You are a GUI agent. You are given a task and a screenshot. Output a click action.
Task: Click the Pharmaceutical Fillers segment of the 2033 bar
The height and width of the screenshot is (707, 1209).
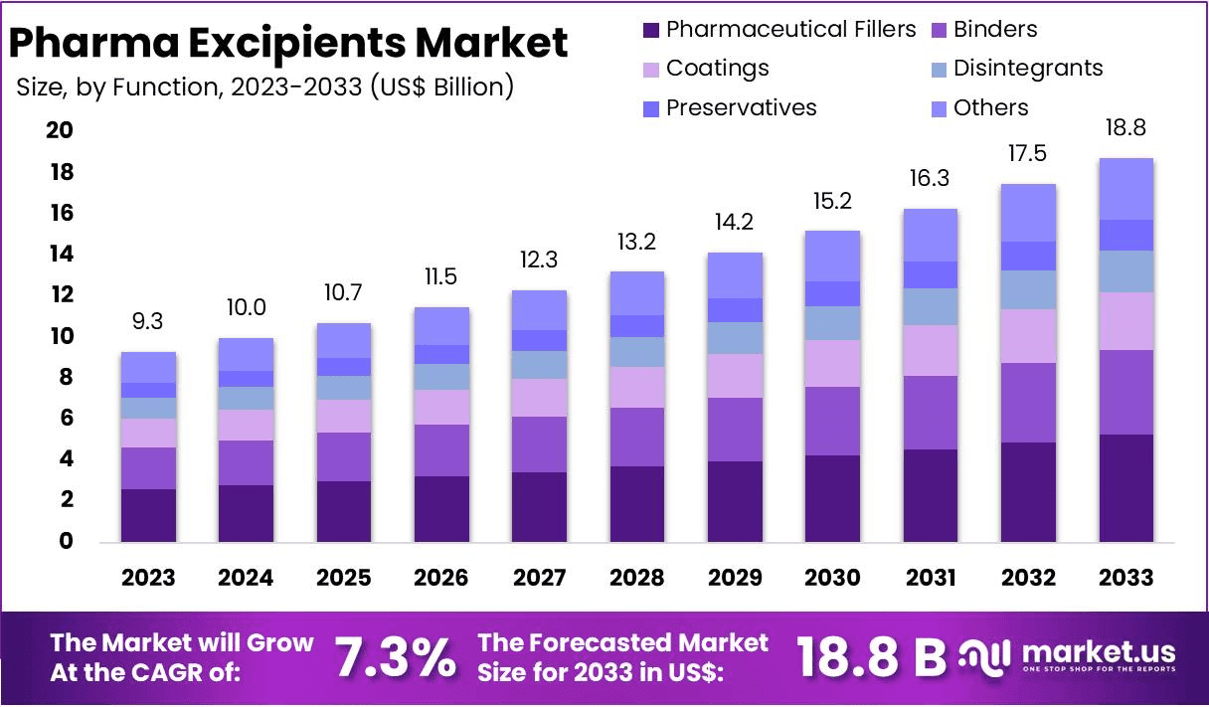tap(1125, 488)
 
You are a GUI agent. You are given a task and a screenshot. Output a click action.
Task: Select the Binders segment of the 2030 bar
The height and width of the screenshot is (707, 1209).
tap(832, 421)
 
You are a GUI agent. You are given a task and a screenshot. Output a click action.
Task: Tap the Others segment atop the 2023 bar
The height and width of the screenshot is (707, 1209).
tap(148, 367)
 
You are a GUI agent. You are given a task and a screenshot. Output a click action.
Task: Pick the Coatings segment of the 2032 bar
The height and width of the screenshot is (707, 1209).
tap(1028, 336)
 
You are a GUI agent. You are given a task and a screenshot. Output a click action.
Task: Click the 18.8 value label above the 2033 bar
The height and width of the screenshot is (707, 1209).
tap(1125, 129)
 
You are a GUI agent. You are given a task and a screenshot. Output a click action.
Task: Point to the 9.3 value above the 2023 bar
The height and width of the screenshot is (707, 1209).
tap(148, 322)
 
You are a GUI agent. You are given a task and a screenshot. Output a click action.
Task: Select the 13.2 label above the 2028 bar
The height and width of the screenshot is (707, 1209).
tap(636, 242)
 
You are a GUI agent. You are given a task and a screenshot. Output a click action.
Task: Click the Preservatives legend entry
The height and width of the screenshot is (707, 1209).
tap(741, 107)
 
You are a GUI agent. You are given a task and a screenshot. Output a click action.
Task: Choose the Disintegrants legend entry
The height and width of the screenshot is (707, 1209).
tap(1027, 69)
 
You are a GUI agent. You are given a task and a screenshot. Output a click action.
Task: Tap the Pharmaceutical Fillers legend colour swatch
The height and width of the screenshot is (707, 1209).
tap(651, 30)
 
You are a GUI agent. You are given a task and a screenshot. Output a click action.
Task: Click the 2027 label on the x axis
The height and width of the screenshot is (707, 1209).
tap(539, 578)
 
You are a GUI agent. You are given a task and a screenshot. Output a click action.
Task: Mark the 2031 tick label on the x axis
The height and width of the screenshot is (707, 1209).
tap(930, 578)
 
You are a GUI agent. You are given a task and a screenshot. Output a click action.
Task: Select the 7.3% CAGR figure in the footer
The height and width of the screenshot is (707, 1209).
tap(395, 658)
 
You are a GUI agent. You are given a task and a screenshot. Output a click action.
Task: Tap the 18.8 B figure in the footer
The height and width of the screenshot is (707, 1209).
tap(871, 656)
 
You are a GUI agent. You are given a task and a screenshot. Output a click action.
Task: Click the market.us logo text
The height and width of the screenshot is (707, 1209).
tap(1098, 652)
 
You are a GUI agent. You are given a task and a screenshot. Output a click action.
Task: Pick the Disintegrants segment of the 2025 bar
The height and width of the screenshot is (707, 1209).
tap(343, 388)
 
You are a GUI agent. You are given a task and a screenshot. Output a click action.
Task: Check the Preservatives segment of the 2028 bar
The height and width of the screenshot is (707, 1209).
tap(636, 326)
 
